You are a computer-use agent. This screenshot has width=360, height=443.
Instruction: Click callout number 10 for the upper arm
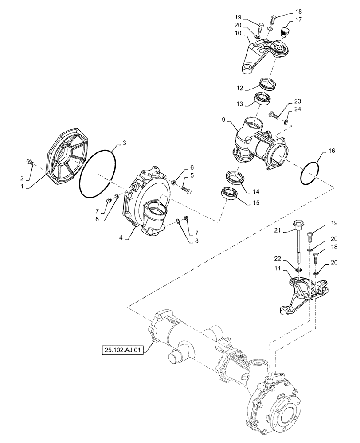point(238,34)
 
